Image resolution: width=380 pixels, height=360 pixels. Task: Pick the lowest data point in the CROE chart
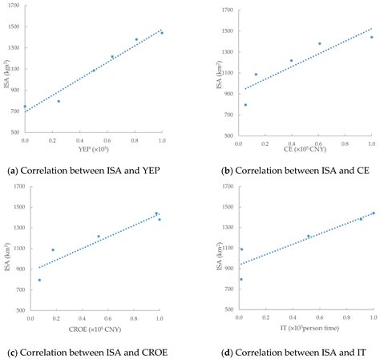click(x=39, y=280)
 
